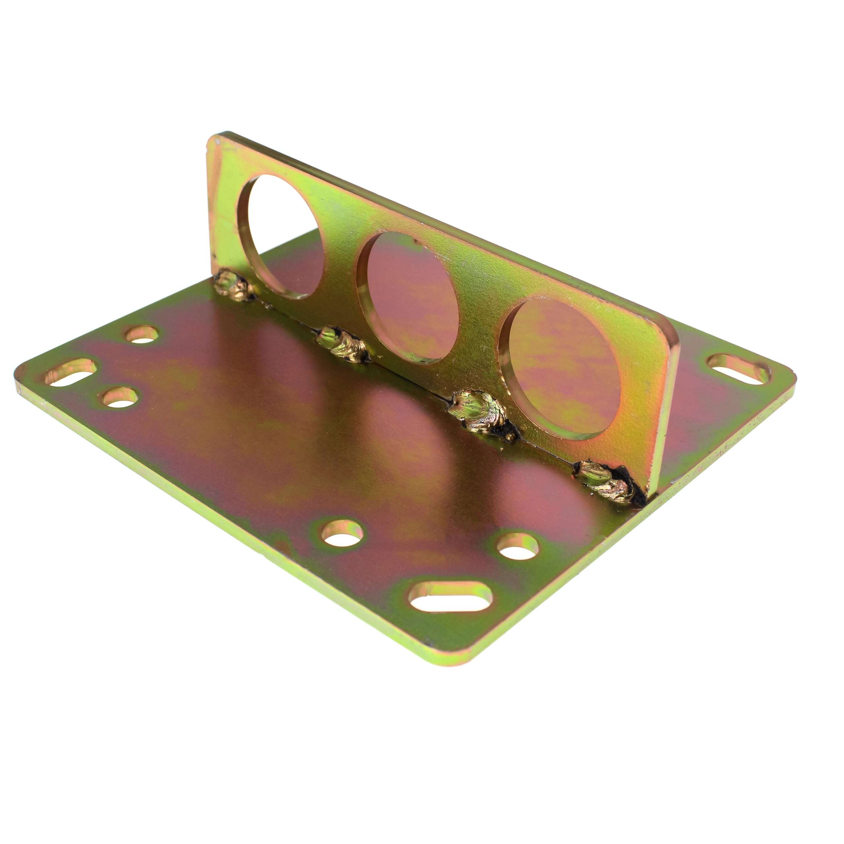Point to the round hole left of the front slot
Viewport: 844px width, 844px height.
[343, 533]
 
